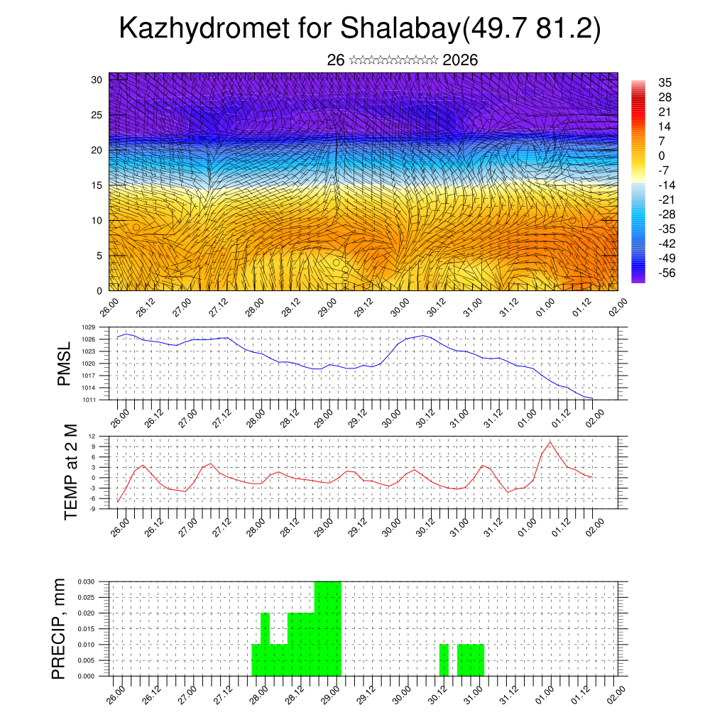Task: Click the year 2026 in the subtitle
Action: (460, 60)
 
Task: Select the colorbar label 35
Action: (665, 83)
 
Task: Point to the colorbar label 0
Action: (662, 155)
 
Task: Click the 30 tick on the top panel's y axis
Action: (97, 80)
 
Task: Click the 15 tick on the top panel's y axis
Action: (97, 185)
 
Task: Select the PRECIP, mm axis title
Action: (60, 628)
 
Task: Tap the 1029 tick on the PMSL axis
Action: (89, 327)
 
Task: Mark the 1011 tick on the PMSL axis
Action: (89, 400)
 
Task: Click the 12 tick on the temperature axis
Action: (92, 436)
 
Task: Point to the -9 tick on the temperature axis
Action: (92, 508)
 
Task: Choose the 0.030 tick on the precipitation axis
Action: (85, 581)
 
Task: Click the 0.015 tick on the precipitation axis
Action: (85, 629)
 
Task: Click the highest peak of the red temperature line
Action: (550, 442)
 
